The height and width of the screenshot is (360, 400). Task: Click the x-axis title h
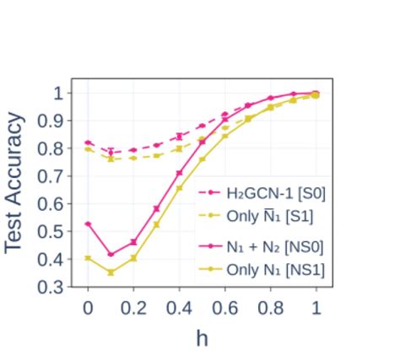(202, 337)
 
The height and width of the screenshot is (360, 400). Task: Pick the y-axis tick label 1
(57, 93)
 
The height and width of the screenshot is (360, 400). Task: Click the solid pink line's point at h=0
(88, 223)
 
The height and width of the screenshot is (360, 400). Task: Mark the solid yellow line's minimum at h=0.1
(111, 272)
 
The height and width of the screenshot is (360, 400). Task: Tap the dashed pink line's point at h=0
(88, 142)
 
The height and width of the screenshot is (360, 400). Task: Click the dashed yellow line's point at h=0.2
(133, 158)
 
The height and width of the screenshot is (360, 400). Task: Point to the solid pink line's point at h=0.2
(133, 242)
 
